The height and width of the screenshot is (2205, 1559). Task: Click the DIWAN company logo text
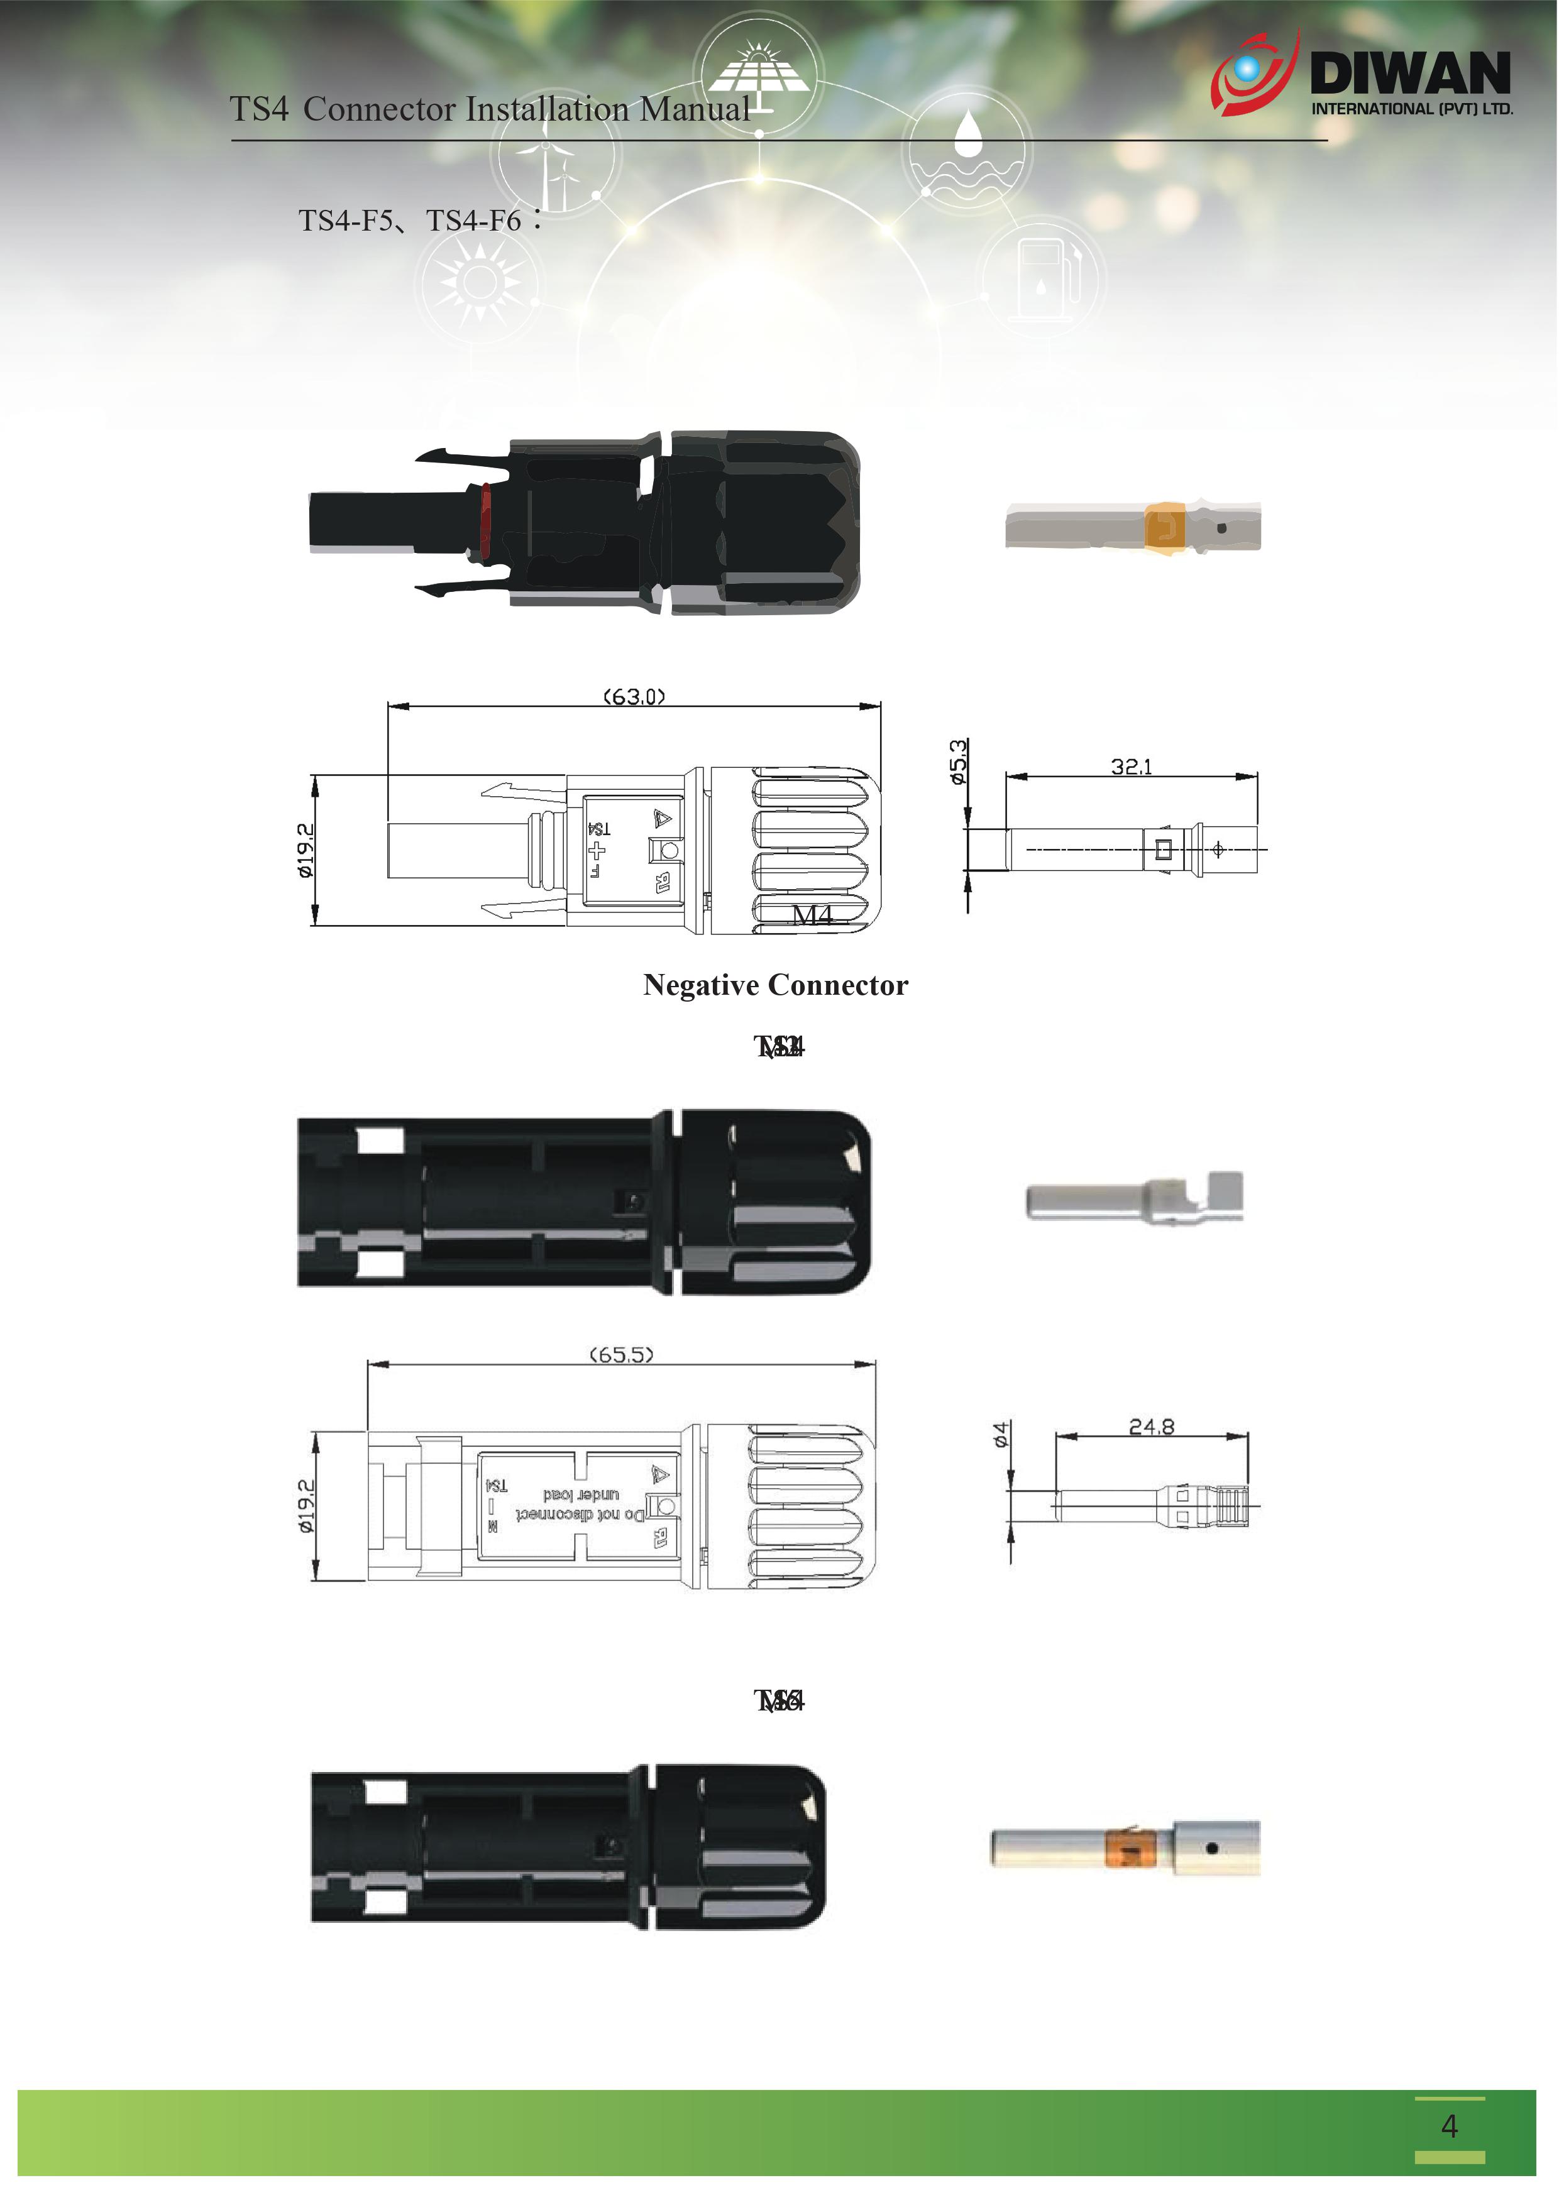coord(1410,73)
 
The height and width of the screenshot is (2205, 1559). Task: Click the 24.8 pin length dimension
coord(1151,1426)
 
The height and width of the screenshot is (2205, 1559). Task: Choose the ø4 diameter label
coord(1001,1436)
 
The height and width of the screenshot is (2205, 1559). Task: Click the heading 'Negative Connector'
coord(775,985)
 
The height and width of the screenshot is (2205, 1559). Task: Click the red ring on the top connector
coord(485,522)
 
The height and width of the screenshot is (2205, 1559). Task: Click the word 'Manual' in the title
coord(695,109)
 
